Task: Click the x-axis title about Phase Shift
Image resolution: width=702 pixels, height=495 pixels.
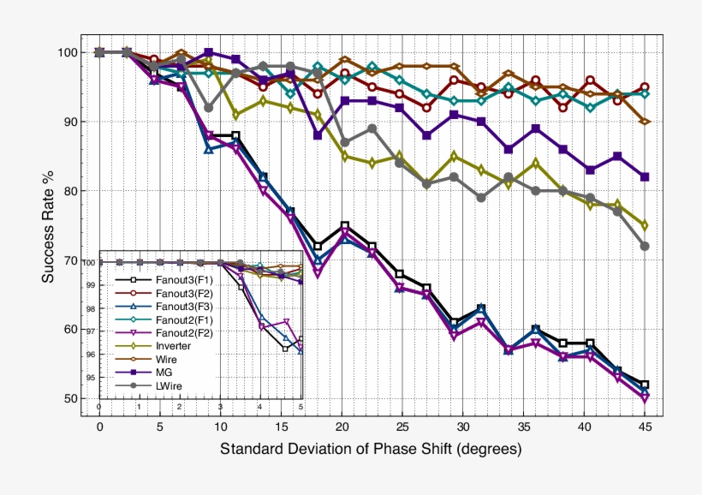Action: [x=371, y=449]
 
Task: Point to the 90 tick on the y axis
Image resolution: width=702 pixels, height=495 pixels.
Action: [x=69, y=122]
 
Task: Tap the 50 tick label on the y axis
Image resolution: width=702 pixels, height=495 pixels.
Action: [x=69, y=399]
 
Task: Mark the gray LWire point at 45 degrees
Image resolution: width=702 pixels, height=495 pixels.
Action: [x=645, y=246]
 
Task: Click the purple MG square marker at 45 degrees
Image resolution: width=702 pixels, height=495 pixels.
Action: [x=645, y=176]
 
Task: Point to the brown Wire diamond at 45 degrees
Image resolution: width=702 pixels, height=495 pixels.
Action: [x=645, y=122]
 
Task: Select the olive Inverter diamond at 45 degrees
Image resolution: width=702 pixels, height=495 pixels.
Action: [x=645, y=225]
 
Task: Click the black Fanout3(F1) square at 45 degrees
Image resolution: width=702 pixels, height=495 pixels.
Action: [x=645, y=385]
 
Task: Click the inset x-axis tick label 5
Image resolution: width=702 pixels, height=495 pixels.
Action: [x=300, y=408]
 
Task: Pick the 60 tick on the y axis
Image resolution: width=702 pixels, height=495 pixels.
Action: [x=69, y=330]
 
